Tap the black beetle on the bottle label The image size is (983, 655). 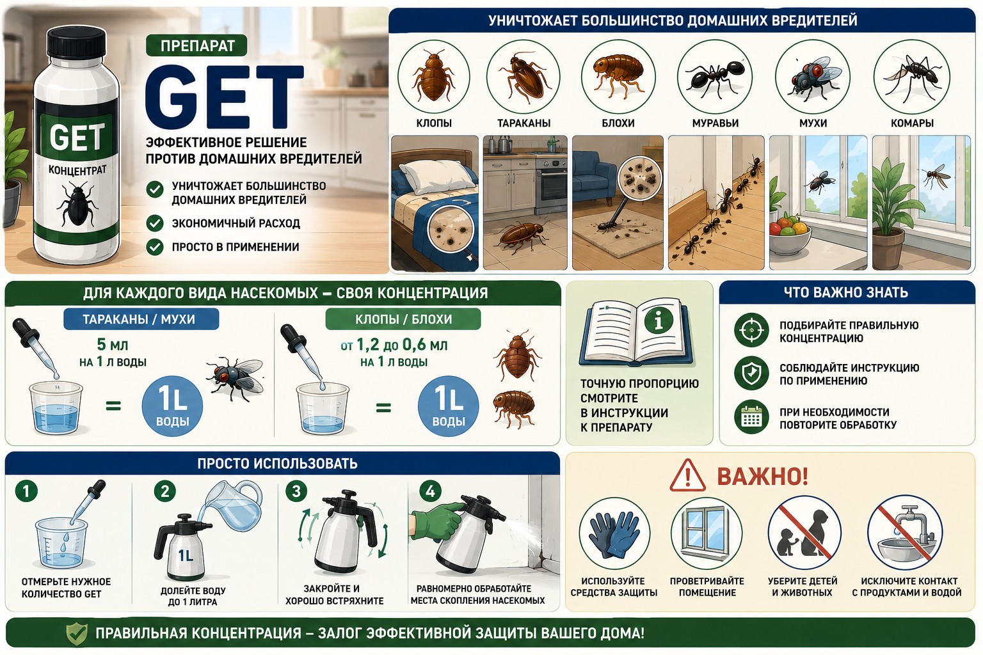(x=77, y=205)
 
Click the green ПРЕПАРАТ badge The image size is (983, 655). (x=196, y=45)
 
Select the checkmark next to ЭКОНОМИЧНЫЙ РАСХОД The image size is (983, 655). (x=155, y=223)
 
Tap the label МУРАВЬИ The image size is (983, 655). (x=715, y=123)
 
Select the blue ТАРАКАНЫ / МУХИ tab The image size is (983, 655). (x=141, y=319)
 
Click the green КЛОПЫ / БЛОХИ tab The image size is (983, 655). (x=403, y=319)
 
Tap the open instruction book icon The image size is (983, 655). (x=637, y=331)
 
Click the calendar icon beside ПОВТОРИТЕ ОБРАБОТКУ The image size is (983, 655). (x=751, y=417)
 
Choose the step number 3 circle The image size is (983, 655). (x=296, y=491)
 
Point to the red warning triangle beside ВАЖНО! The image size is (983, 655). (x=687, y=476)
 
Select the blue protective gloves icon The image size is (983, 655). (x=614, y=533)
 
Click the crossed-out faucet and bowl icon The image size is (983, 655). (x=905, y=533)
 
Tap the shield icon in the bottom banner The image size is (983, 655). (x=76, y=633)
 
